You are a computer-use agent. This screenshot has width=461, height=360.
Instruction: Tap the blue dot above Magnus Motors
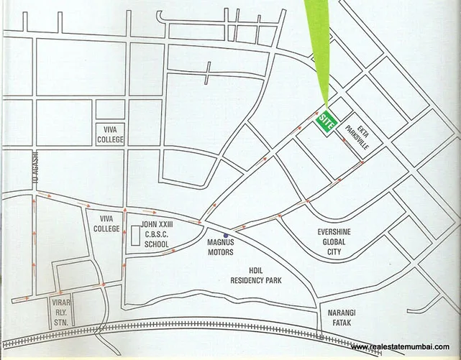click(x=226, y=236)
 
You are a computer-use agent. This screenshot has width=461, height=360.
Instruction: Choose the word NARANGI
click(x=341, y=313)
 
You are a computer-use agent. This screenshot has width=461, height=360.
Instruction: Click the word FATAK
click(x=341, y=323)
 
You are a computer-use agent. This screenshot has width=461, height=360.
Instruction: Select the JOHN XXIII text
click(x=157, y=226)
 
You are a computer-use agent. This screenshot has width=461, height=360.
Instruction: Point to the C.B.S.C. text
click(x=157, y=235)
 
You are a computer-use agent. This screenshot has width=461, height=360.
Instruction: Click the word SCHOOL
click(x=157, y=244)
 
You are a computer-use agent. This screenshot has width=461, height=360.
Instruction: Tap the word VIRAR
click(x=60, y=303)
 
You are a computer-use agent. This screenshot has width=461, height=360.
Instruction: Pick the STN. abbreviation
click(x=60, y=322)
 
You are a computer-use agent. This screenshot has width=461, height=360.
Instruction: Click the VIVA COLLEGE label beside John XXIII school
click(x=106, y=223)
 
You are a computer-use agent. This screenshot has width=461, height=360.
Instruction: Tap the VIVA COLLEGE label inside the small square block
click(x=110, y=134)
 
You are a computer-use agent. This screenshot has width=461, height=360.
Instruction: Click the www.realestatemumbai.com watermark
click(x=405, y=348)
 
